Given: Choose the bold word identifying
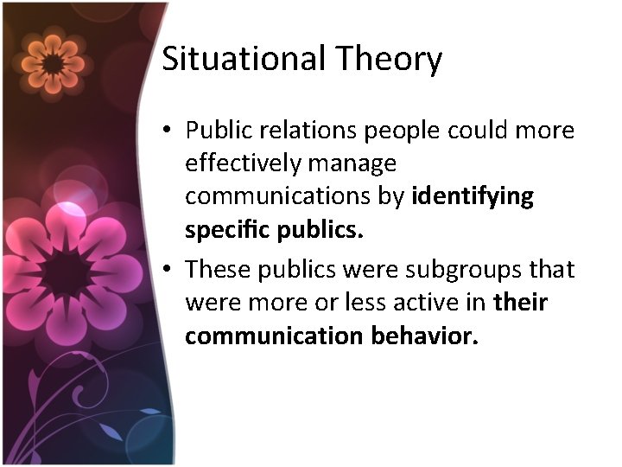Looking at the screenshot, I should tap(473, 197).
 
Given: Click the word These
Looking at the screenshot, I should tap(216, 269).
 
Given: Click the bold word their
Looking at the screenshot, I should tap(521, 303).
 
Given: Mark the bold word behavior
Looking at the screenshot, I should tap(425, 336).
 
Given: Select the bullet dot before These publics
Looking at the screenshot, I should tap(168, 270).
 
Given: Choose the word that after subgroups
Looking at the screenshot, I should tap(552, 269).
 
